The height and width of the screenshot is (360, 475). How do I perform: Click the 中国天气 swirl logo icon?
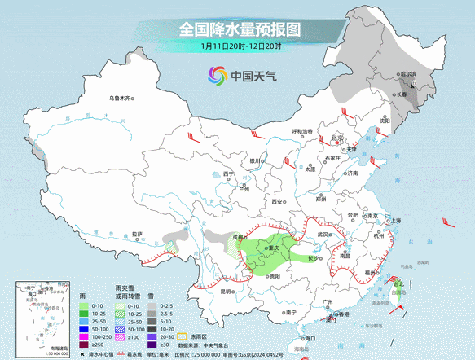[x=218, y=77]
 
